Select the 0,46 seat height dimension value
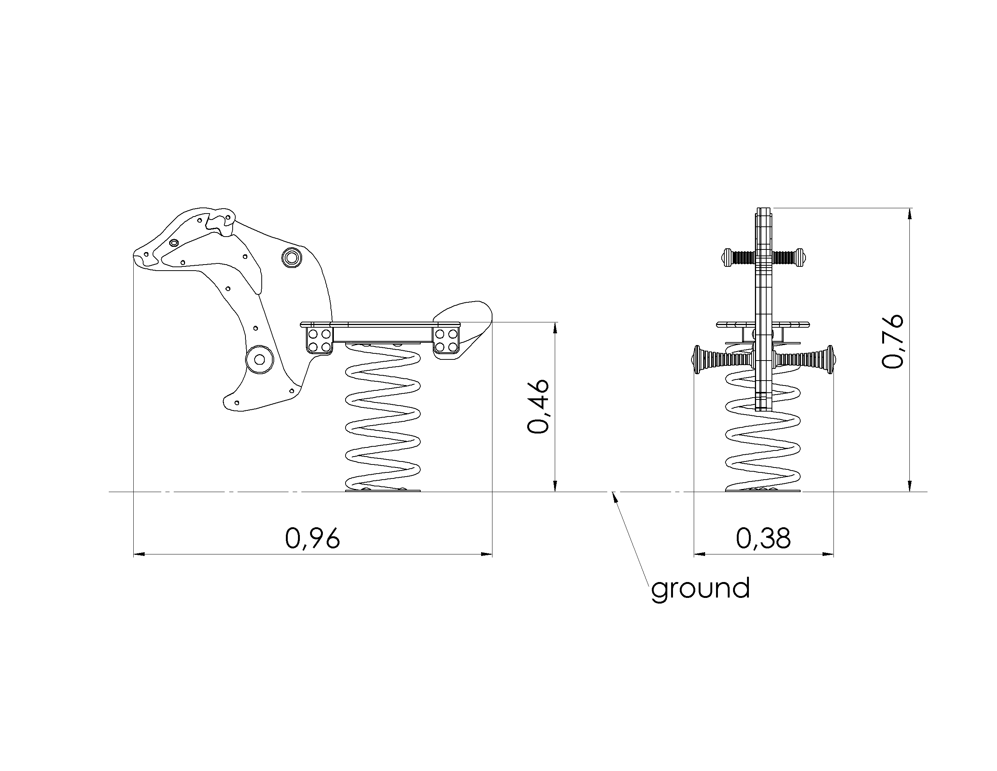point(538,406)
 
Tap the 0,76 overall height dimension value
point(892,341)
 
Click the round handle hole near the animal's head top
point(291,258)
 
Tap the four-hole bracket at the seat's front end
point(319,340)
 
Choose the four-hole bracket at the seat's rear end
point(446,340)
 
